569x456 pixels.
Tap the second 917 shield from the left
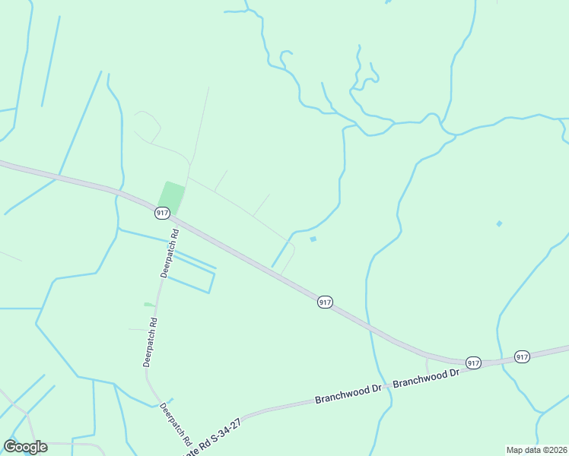pos(325,302)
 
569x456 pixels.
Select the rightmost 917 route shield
pos(522,356)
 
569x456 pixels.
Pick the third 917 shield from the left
pos(473,363)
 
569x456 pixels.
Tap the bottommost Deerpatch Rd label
pos(176,423)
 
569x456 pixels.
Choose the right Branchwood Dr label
pos(428,375)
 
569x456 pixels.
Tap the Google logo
pos(25,447)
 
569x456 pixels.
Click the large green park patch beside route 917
pos(172,198)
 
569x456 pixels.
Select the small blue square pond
pos(313,239)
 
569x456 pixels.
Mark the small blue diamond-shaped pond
pos(499,223)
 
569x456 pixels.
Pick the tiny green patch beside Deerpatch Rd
pos(149,305)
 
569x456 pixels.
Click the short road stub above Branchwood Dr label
pos(428,366)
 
